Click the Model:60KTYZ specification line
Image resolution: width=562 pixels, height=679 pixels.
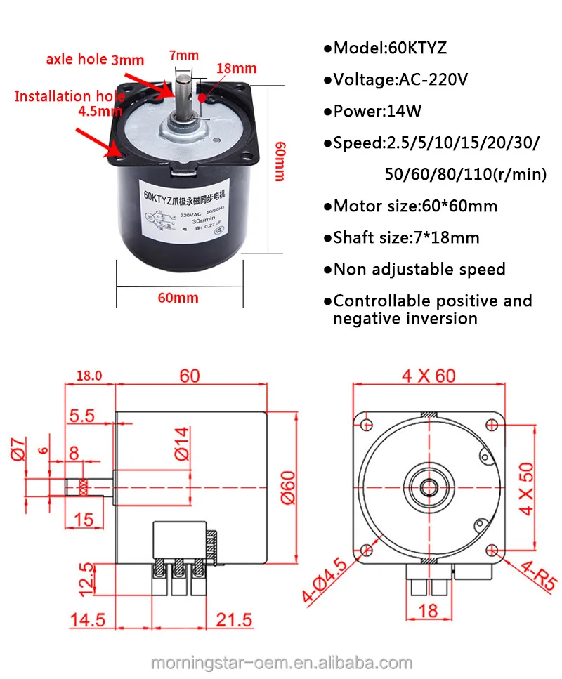point(385,48)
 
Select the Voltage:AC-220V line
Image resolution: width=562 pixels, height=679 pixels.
point(396,79)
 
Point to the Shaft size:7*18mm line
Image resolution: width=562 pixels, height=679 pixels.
point(401,237)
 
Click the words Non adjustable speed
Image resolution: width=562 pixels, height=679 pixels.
point(414,269)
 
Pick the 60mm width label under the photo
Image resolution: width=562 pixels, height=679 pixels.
point(178,298)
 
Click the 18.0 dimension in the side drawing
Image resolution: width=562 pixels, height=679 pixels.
point(89,376)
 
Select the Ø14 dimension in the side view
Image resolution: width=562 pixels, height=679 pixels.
point(181,444)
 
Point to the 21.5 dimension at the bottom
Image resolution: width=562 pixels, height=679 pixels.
point(232,621)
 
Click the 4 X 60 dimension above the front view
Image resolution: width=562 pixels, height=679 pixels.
point(429,376)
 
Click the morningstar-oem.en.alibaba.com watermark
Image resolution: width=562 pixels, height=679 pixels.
point(281,663)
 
